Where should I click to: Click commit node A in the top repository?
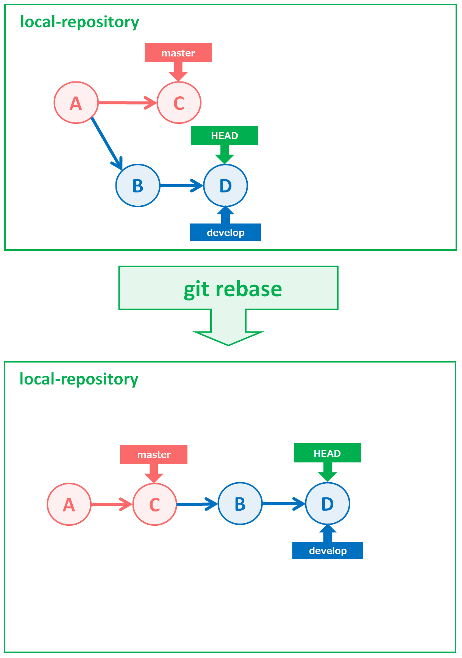[76, 103]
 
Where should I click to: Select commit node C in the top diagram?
[179, 103]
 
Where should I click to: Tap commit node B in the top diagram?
[138, 186]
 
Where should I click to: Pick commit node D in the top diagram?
[225, 186]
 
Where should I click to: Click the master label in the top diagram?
[178, 53]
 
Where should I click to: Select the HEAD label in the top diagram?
[225, 135]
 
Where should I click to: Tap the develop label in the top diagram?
[225, 232]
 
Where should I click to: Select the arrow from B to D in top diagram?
[181, 186]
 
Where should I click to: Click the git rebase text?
[233, 289]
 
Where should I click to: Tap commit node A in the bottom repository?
[69, 504]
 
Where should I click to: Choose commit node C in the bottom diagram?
[155, 504]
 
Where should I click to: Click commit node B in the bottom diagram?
[240, 504]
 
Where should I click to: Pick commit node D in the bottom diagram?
[328, 504]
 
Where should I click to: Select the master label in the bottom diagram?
[154, 454]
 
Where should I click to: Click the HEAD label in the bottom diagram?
[327, 453]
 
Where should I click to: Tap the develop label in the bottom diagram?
[328, 550]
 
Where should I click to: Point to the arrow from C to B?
[197, 504]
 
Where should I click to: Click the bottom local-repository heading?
[79, 379]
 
